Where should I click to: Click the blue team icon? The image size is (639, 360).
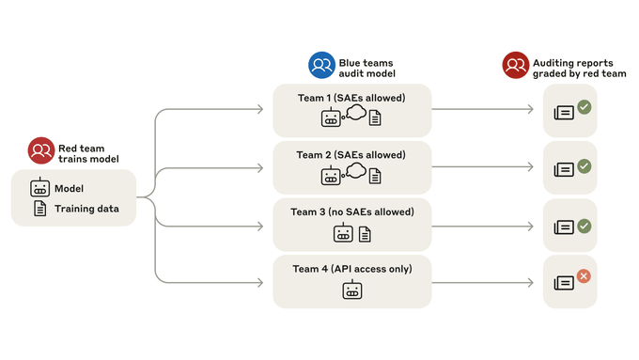(321, 65)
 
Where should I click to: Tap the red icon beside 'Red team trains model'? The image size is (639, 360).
(41, 150)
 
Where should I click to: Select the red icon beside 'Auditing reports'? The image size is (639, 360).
(516, 65)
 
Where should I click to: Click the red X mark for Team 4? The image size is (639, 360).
(584, 276)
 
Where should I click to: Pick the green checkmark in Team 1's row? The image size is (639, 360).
(584, 107)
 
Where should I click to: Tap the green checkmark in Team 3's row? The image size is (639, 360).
(584, 227)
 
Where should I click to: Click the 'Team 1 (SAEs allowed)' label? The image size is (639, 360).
(351, 99)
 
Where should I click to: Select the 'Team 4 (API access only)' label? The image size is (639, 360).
(352, 269)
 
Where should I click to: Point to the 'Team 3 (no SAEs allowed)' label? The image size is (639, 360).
(352, 212)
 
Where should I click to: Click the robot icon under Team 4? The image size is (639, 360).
(352, 290)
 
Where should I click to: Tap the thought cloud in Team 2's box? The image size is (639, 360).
(356, 171)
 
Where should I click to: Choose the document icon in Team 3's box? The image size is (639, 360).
(365, 234)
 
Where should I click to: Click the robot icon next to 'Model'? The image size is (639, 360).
(39, 188)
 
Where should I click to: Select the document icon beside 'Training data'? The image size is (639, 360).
(39, 209)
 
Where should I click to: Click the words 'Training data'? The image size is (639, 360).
(86, 209)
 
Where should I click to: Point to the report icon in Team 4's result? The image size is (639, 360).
(564, 283)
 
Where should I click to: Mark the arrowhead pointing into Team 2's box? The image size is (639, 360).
(260, 168)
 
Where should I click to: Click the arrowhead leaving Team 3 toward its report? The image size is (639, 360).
(530, 227)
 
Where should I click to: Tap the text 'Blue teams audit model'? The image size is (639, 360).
(366, 68)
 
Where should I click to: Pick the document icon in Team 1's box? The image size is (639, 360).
(375, 118)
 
